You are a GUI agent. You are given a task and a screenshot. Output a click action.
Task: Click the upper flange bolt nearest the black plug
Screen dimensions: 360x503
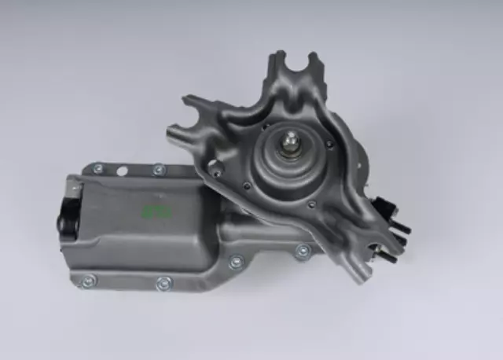coord(97,167)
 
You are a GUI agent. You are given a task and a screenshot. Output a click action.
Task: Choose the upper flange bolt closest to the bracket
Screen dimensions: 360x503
coord(159,168)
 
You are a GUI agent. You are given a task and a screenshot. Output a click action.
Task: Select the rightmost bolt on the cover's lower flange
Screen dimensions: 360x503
coord(302,252)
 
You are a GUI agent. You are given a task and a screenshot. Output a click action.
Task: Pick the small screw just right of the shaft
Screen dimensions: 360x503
coord(329,145)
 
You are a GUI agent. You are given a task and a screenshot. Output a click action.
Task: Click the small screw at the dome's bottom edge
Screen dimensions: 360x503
coord(311,205)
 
